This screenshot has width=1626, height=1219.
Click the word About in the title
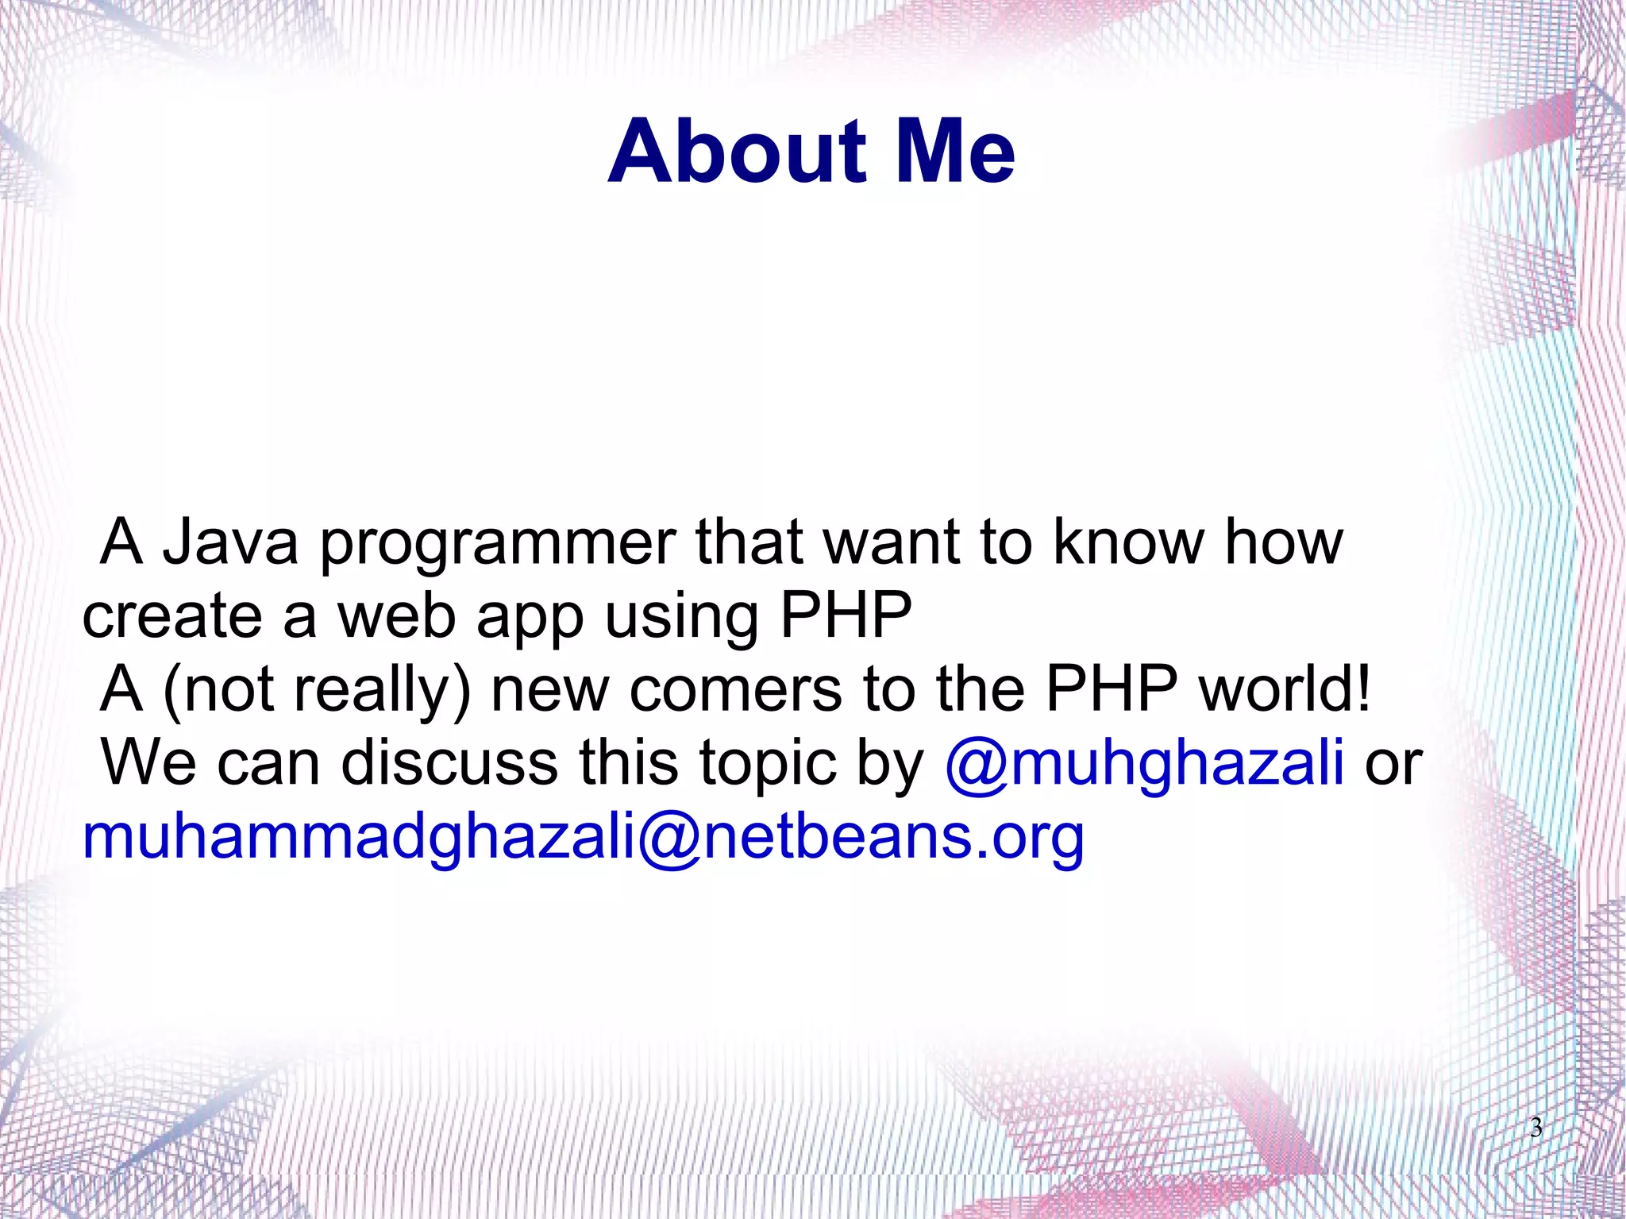738,151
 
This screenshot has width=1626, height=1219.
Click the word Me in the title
954,151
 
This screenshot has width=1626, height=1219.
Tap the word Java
230,542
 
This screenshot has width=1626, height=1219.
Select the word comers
735,689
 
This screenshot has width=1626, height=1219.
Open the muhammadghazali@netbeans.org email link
583,839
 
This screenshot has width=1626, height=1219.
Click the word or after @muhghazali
1393,763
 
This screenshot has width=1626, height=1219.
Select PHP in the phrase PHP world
1111,689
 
